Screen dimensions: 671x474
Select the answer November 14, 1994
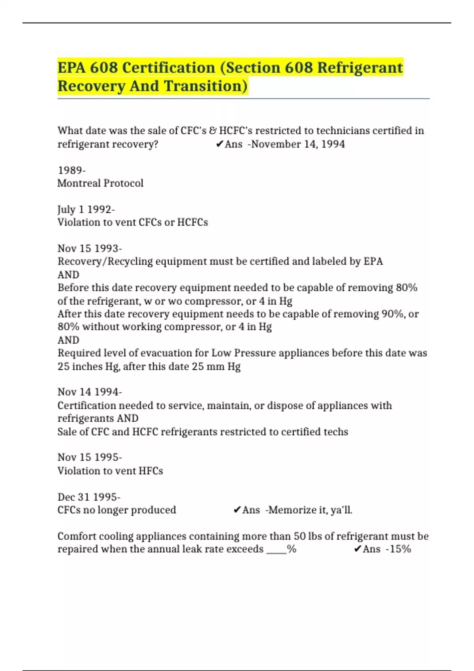[298, 144]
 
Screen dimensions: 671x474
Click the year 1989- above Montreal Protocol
[71, 170]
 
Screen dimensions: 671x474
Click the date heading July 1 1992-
[86, 209]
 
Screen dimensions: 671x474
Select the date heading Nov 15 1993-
[90, 248]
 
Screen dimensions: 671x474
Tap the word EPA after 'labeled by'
[373, 261]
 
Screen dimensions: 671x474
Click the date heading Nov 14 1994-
[90, 392]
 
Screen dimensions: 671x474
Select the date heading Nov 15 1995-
[90, 457]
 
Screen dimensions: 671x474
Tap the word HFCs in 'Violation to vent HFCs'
[150, 470]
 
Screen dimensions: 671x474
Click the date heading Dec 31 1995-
[89, 497]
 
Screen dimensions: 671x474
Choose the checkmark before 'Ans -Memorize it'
[237, 510]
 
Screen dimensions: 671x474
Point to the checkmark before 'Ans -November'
[220, 144]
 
